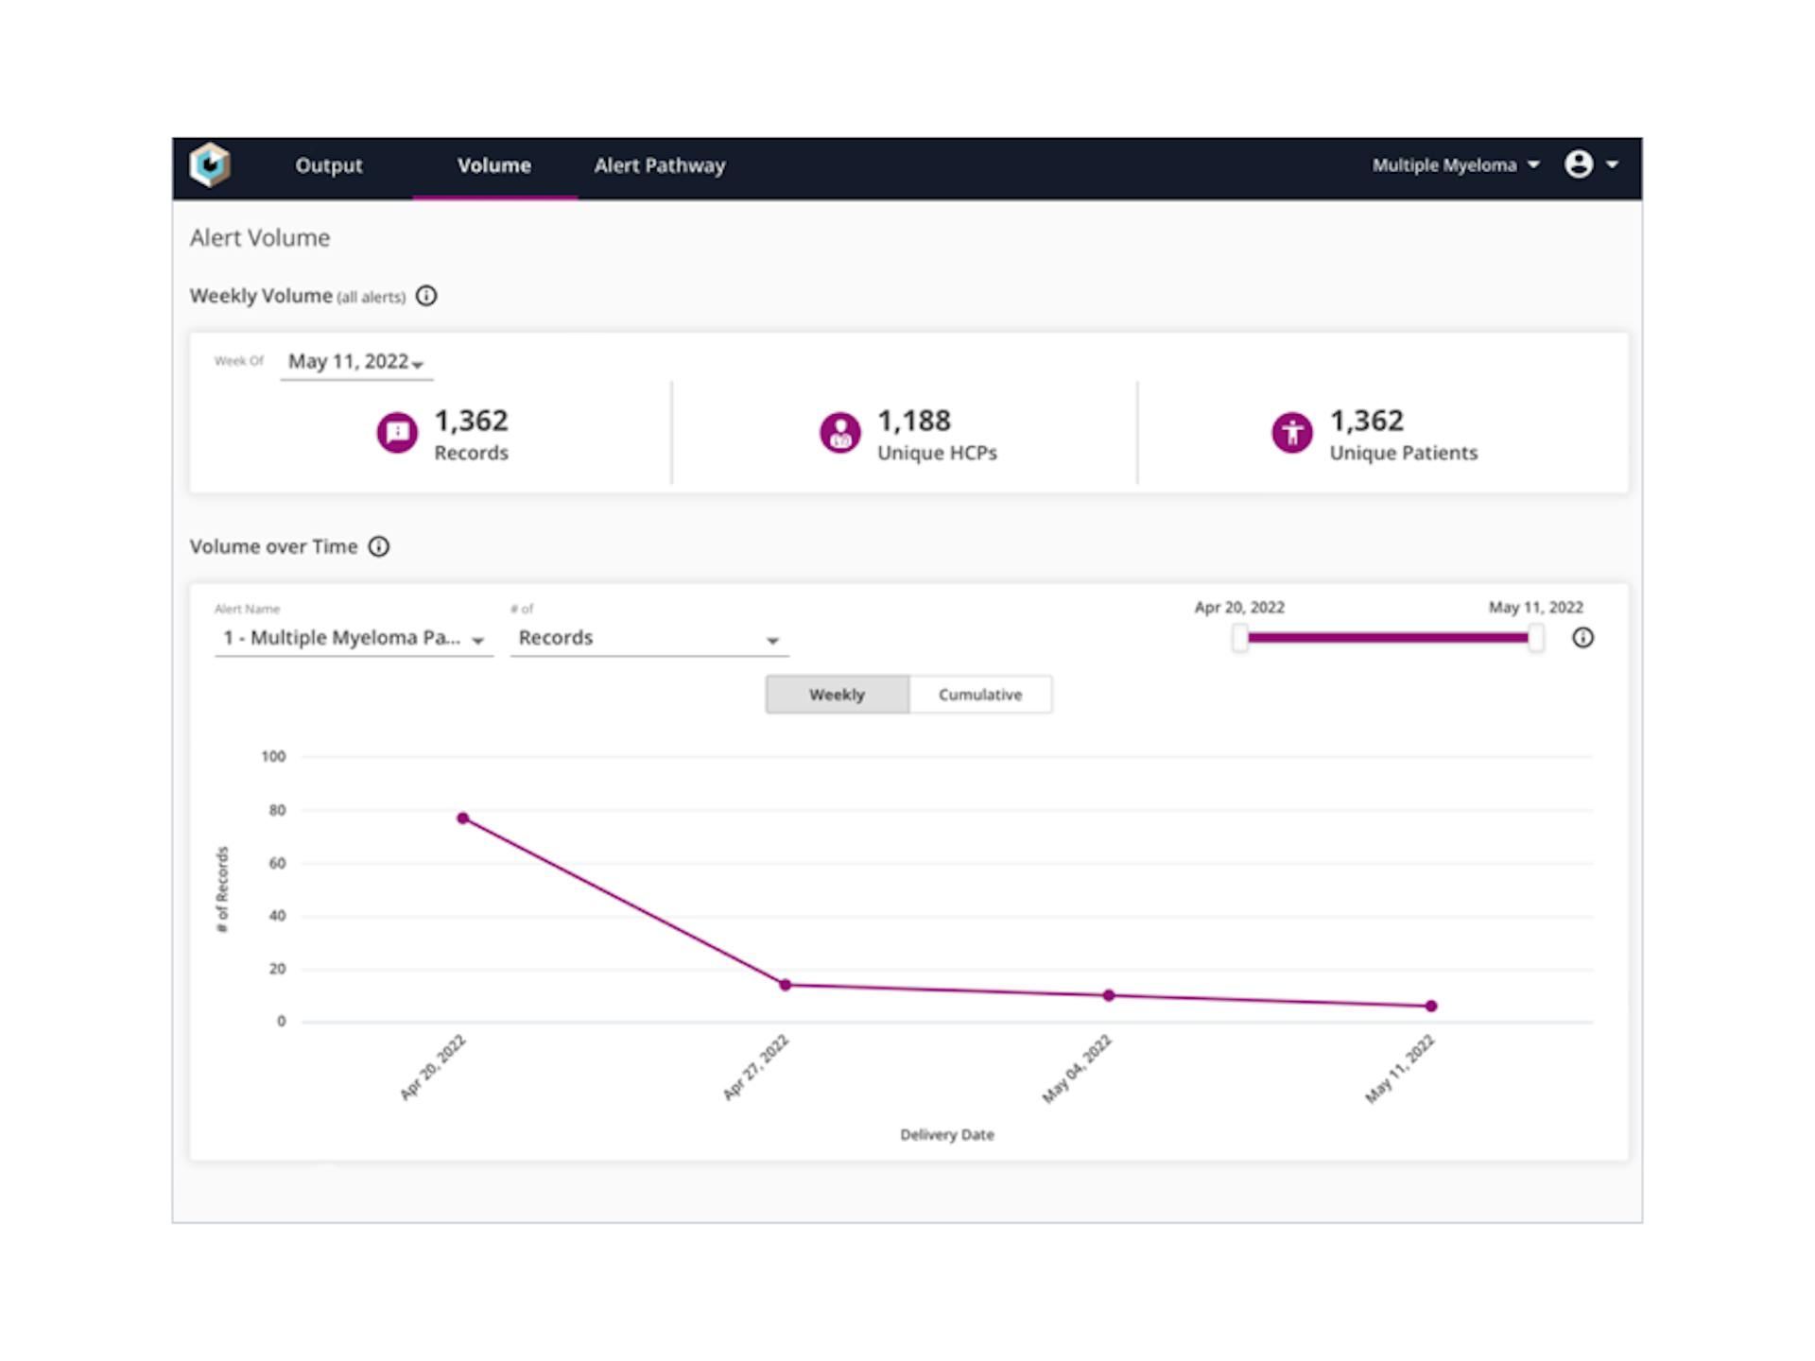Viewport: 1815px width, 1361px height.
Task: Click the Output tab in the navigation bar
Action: [328, 165]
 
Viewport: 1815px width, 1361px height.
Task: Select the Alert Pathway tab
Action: [659, 165]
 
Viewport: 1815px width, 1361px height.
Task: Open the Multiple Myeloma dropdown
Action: [1455, 165]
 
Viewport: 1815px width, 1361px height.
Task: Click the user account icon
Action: [1579, 164]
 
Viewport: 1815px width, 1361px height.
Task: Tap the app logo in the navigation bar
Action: [210, 165]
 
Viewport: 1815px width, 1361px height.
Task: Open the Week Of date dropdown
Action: [356, 362]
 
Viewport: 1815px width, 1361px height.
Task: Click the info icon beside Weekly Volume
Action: [426, 296]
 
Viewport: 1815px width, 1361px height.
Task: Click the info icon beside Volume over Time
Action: [378, 546]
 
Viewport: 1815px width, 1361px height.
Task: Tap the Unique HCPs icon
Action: [839, 433]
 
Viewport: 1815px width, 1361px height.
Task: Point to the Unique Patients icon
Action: [1291, 433]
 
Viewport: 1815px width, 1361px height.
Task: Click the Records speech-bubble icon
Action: [397, 433]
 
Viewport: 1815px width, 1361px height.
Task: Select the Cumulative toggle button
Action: [979, 695]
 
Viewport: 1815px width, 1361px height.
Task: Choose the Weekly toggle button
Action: [837, 695]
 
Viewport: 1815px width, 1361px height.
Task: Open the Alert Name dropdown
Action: [354, 639]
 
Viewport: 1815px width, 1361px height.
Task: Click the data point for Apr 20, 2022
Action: [462, 818]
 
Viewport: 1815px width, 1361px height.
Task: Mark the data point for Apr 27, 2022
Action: [785, 985]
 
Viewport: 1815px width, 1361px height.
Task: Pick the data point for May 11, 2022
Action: [1431, 1007]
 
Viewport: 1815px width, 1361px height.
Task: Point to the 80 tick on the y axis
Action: [276, 810]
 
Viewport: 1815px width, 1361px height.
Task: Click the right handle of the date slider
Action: [1536, 638]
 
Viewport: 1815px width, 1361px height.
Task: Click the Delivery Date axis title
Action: [946, 1134]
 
